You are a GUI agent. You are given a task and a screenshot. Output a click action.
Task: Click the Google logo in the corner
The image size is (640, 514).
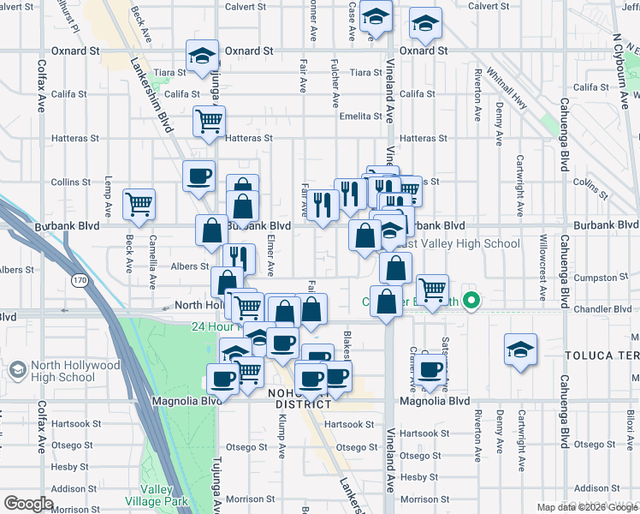[29, 504]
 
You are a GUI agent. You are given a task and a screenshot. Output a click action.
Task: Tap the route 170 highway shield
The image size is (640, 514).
[80, 280]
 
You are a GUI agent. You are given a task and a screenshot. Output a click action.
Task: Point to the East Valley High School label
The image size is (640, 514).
[464, 243]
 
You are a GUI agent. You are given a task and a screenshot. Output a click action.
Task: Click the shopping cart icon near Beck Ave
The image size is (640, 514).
[139, 204]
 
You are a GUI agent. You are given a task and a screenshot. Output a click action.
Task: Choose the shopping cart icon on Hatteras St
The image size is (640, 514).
[208, 122]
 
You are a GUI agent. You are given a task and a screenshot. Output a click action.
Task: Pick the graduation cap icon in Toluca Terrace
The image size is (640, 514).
[519, 351]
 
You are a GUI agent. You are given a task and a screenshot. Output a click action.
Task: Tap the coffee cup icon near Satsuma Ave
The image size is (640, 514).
[431, 369]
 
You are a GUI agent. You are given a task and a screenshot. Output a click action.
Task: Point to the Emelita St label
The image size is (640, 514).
[360, 116]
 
